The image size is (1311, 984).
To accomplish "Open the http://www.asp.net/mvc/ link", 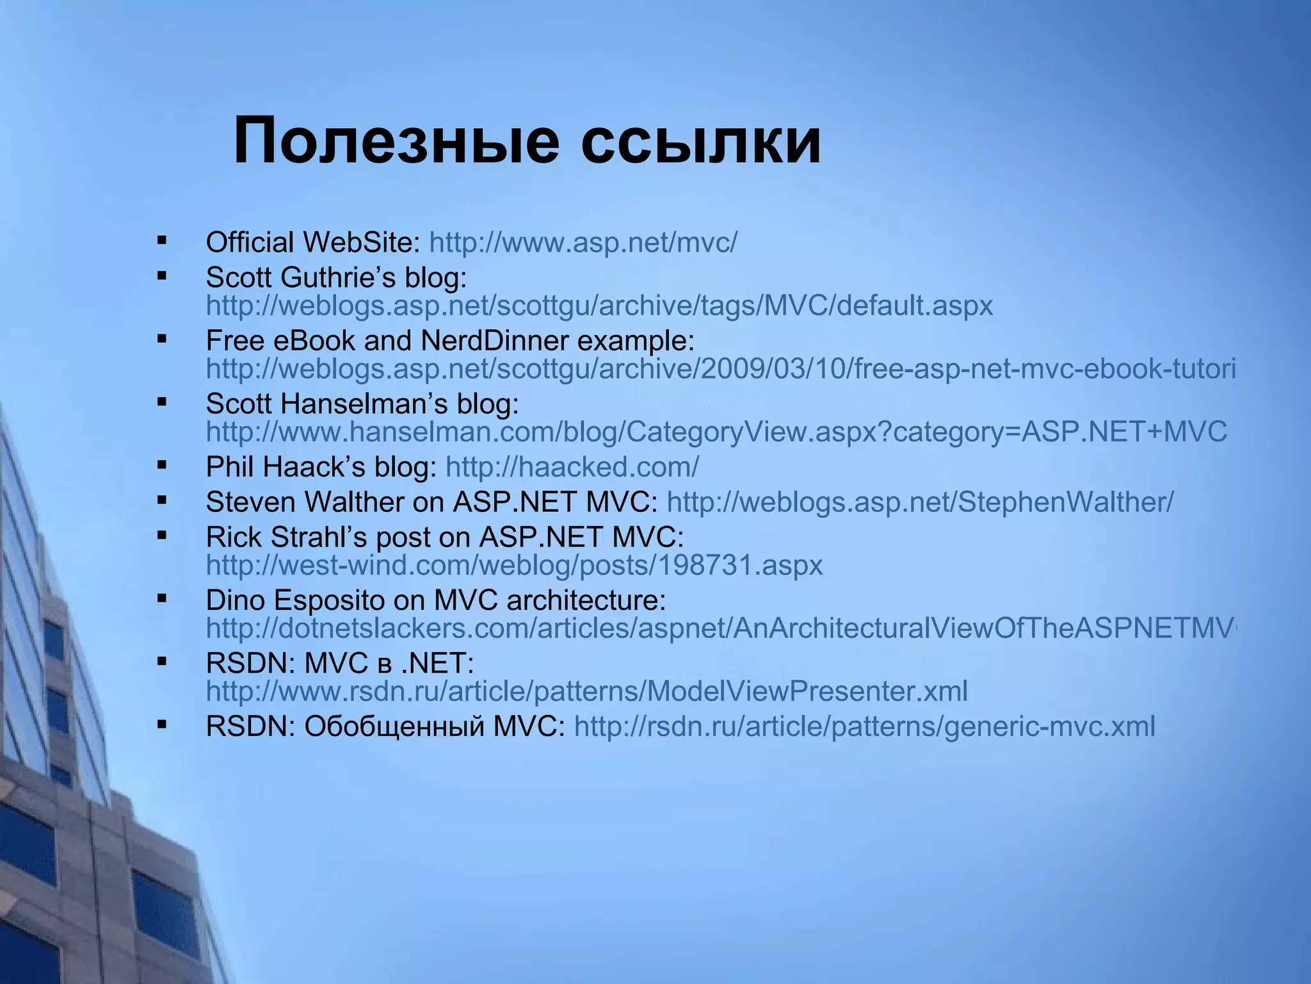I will click(x=583, y=243).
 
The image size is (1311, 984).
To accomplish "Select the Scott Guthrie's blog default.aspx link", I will click(x=599, y=306).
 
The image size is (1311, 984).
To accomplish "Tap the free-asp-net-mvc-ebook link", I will click(x=720, y=369).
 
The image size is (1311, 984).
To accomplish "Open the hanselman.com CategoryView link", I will click(x=716, y=432).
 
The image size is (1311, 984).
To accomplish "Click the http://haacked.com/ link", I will click(x=572, y=468).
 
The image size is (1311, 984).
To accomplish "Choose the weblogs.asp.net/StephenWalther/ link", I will click(x=920, y=502).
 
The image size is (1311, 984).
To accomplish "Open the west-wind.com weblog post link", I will click(x=514, y=565).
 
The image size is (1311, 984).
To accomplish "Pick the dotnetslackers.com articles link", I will click(x=720, y=628).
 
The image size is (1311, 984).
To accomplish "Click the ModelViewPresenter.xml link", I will click(x=586, y=691).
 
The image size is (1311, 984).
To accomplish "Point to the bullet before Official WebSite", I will click(x=161, y=242).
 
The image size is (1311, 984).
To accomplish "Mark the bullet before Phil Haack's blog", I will click(x=161, y=466).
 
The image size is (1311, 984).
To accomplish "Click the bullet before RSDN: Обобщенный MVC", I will click(x=161, y=725).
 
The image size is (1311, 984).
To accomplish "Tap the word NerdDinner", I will click(x=494, y=341).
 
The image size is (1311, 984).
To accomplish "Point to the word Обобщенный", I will click(x=394, y=727).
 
